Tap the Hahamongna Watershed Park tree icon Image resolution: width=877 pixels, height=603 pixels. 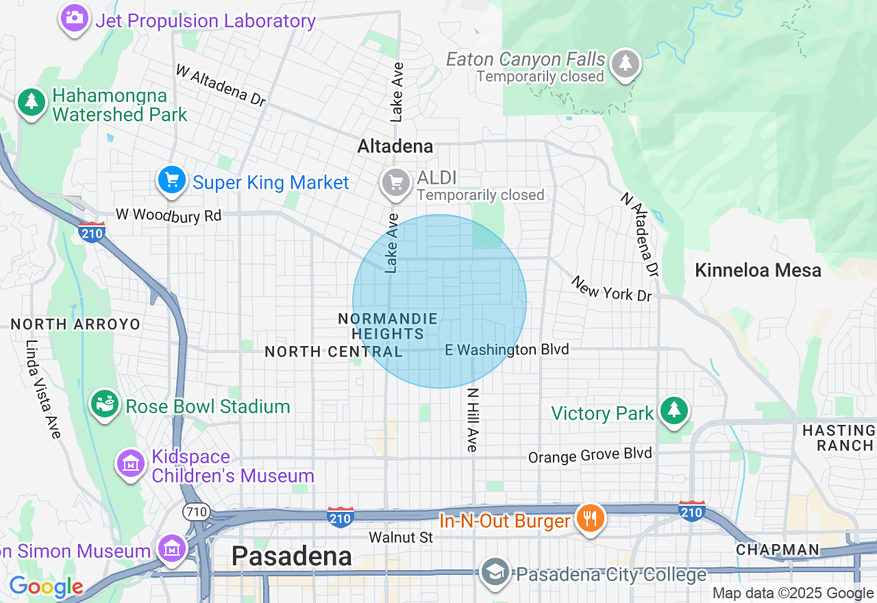31,102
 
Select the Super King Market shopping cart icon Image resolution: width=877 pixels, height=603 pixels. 171,181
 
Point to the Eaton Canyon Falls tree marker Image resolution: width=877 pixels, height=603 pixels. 625,63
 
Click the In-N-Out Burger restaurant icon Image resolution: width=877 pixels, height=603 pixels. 589,517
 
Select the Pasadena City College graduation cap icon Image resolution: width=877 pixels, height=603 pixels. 494,573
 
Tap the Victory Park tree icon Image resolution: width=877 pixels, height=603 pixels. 674,410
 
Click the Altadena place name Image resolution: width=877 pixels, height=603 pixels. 395,146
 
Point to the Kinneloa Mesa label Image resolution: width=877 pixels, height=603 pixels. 758,270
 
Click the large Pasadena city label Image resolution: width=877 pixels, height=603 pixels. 291,556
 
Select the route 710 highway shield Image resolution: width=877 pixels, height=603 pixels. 195,511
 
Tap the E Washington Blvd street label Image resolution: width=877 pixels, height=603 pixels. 506,349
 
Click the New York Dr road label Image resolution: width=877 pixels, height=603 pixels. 611,288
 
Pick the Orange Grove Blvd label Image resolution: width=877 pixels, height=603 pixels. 590,455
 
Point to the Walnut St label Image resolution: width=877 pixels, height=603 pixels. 401,537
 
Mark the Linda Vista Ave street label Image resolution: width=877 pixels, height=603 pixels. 42,389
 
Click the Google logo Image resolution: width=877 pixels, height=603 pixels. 46,587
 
